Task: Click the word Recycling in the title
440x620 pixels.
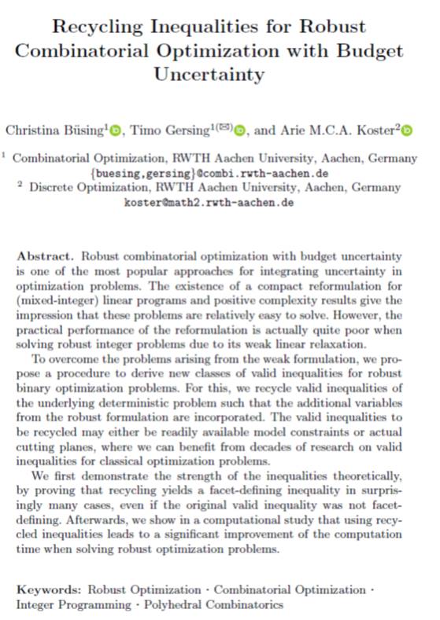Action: click(x=95, y=27)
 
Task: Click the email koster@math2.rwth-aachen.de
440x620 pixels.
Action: click(x=209, y=202)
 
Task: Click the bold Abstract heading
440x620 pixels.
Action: click(x=44, y=257)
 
